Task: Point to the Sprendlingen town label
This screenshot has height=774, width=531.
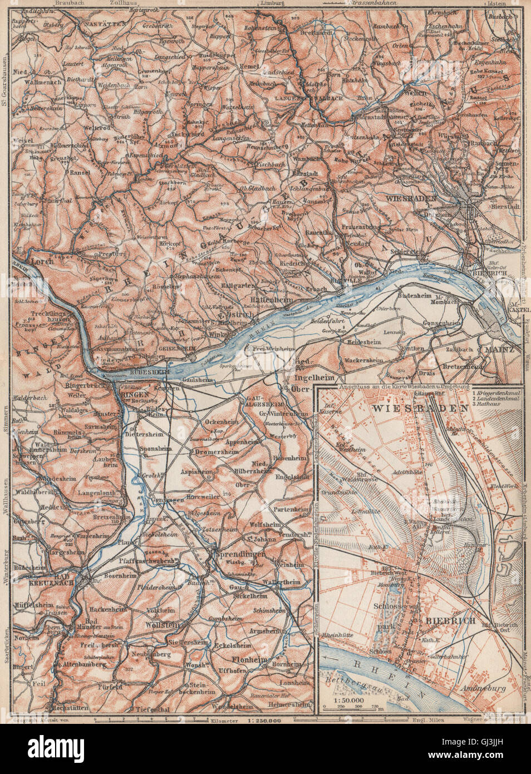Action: [234, 555]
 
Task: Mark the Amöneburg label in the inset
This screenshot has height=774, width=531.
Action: [484, 688]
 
